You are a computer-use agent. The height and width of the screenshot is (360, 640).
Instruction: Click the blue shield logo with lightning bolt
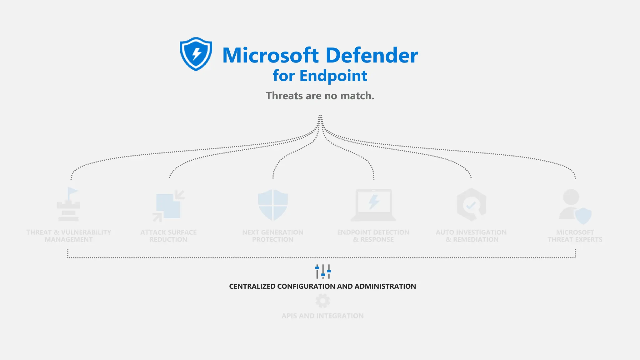click(x=196, y=54)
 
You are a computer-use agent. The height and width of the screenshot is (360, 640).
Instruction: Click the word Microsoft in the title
click(x=271, y=56)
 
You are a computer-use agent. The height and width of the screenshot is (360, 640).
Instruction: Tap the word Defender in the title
click(x=372, y=56)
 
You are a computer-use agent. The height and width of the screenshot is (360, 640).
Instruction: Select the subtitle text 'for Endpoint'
click(x=320, y=76)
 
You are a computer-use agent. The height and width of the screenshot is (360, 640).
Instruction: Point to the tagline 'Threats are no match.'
click(x=320, y=96)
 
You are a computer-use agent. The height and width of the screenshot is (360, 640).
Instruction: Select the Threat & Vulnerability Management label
click(x=69, y=236)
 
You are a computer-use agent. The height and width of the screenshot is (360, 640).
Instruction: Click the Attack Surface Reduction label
click(x=168, y=236)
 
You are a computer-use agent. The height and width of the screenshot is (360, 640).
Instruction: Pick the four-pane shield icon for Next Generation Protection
click(x=273, y=205)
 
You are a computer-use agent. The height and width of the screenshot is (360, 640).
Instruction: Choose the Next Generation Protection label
click(x=273, y=236)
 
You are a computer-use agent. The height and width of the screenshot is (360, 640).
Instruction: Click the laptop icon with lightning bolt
click(x=373, y=205)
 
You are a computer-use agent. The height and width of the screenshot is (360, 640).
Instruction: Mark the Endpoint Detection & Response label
click(x=373, y=236)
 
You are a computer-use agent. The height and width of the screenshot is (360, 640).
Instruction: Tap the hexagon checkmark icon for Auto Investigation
click(x=471, y=205)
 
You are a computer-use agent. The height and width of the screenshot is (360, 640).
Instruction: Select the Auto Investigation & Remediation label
click(x=471, y=236)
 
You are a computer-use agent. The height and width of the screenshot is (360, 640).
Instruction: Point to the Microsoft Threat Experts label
click(x=575, y=236)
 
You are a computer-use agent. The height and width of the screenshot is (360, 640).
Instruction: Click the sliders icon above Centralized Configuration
click(x=323, y=271)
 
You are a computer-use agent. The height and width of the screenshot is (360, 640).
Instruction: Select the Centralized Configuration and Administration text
click(x=322, y=286)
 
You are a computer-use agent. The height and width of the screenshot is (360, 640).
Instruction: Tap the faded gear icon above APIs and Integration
click(x=322, y=301)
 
